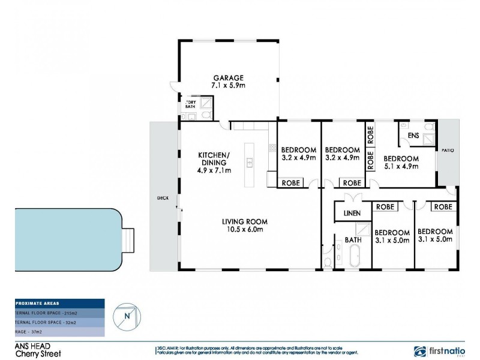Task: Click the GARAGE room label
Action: pyautogui.click(x=228, y=78)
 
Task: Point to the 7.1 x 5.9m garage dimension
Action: pyautogui.click(x=228, y=86)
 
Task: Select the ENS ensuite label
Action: pyautogui.click(x=413, y=136)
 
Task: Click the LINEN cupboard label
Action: pyautogui.click(x=352, y=213)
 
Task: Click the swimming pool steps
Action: pyautogui.click(x=128, y=241)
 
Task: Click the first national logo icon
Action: pyautogui.click(x=421, y=351)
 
